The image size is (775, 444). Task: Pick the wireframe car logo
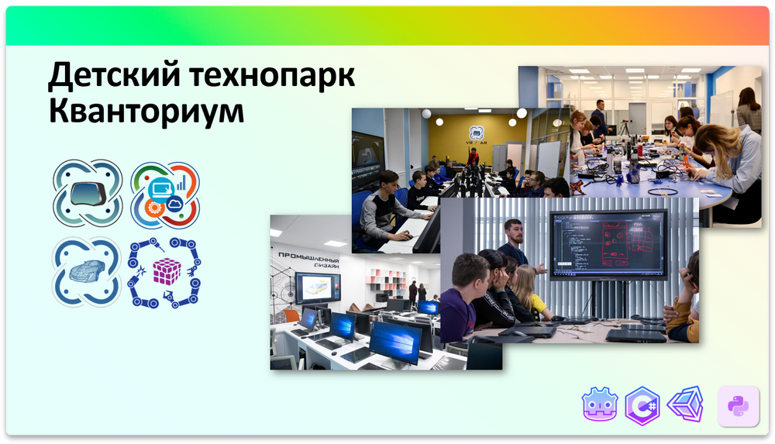coord(86,270)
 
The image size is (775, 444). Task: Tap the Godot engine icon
coord(600,405)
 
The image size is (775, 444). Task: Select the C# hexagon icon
coord(642,405)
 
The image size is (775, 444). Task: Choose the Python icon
coord(738,405)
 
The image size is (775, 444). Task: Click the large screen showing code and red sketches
coord(608,243)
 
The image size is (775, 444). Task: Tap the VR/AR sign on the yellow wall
coord(472,133)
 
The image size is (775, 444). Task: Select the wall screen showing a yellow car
coord(317,288)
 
